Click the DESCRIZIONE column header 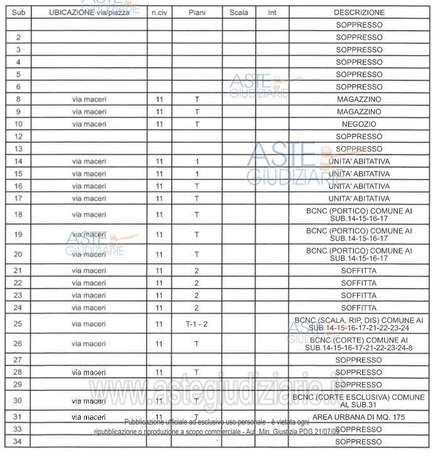click(359, 13)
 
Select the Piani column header click(196, 13)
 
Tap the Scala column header click(239, 13)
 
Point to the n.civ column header click(159, 13)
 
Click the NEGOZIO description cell click(359, 124)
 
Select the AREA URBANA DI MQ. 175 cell click(359, 417)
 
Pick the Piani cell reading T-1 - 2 click(196, 324)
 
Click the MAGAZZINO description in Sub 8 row click(359, 99)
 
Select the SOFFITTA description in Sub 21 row click(359, 270)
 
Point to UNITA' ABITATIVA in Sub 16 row click(359, 186)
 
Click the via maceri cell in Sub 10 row click(89, 124)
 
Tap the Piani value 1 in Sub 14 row click(196, 161)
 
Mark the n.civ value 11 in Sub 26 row click(159, 344)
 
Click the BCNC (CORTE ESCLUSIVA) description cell click(359, 401)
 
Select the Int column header click(272, 13)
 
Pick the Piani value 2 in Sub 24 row click(196, 308)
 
